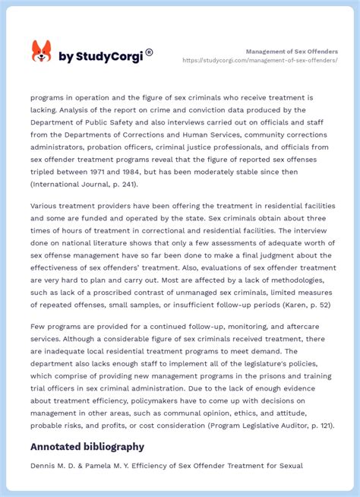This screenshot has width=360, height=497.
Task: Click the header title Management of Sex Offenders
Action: click(292, 51)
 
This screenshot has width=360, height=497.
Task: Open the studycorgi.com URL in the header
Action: click(260, 61)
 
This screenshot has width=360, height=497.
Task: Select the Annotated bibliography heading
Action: click(87, 446)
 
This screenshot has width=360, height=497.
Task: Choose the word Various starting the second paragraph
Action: click(45, 205)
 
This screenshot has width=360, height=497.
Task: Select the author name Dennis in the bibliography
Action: click(44, 465)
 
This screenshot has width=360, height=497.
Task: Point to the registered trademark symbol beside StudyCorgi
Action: click(149, 52)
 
